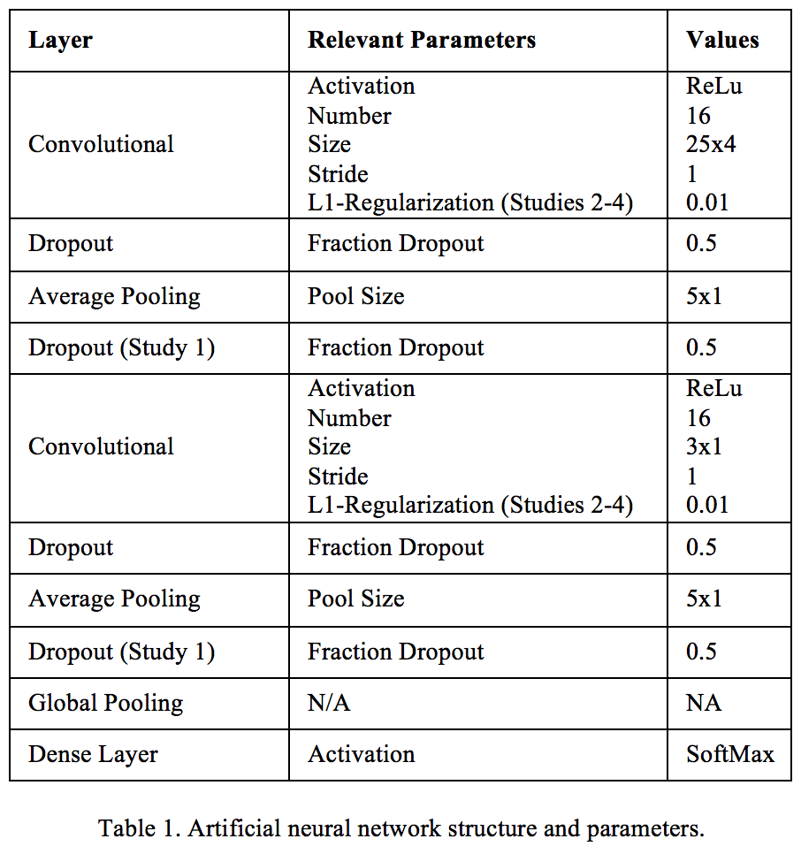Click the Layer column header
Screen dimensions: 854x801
(60, 41)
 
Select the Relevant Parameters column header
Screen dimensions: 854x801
(422, 41)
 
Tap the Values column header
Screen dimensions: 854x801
(722, 41)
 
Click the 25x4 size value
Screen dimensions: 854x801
(711, 144)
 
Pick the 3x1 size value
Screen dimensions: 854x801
(704, 446)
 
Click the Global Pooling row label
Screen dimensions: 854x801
(106, 704)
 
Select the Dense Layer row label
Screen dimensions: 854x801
(93, 755)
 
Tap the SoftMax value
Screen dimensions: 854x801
(730, 755)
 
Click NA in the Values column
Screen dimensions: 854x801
(704, 704)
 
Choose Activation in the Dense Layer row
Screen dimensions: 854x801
(361, 755)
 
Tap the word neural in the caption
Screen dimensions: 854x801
(317, 829)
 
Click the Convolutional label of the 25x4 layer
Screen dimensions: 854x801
(101, 144)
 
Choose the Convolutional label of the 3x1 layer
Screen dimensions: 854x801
(101, 446)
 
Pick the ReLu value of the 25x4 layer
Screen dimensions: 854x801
(714, 86)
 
